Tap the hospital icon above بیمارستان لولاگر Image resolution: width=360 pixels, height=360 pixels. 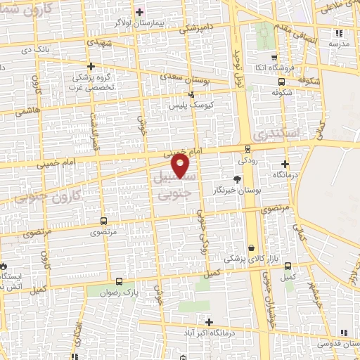click(139, 12)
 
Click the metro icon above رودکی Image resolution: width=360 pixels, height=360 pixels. click(247, 148)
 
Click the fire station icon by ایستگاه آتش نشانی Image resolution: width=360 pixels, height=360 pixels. click(4, 267)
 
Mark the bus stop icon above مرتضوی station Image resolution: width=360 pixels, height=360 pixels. click(104, 220)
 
